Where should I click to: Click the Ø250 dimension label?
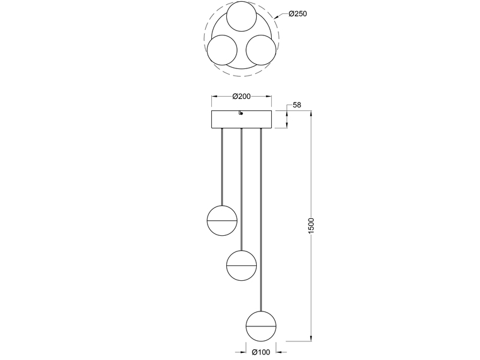(x=298, y=15)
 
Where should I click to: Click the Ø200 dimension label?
(x=241, y=97)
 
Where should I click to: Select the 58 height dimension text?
(x=296, y=106)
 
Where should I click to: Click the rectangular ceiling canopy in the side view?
(x=241, y=119)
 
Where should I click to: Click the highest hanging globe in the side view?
(x=222, y=221)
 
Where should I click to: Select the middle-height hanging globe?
(x=241, y=265)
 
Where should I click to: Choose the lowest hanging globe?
(x=261, y=325)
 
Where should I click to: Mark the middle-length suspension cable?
(x=241, y=189)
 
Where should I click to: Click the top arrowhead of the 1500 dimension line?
(x=310, y=114)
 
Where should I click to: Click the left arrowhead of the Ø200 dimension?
(x=214, y=97)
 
